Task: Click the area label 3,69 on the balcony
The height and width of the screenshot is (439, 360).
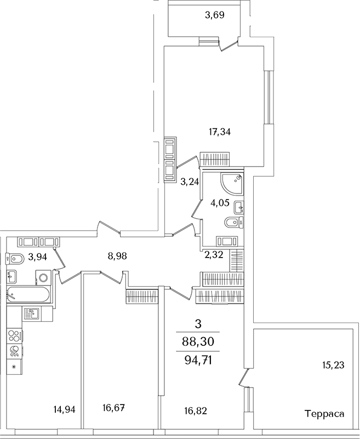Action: (215, 15)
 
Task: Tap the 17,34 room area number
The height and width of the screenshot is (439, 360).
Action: (219, 132)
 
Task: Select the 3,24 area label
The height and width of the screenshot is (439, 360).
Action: (189, 181)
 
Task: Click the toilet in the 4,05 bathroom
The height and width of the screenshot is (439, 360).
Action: (232, 222)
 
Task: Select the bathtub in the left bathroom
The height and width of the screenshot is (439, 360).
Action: (30, 293)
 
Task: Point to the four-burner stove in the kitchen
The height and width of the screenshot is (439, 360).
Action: (14, 335)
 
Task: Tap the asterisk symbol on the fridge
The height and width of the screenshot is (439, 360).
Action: (14, 366)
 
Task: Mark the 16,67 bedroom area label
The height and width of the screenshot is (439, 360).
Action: (114, 408)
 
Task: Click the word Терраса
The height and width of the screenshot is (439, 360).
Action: (324, 414)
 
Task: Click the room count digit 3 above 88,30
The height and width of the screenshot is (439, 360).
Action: (197, 324)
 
